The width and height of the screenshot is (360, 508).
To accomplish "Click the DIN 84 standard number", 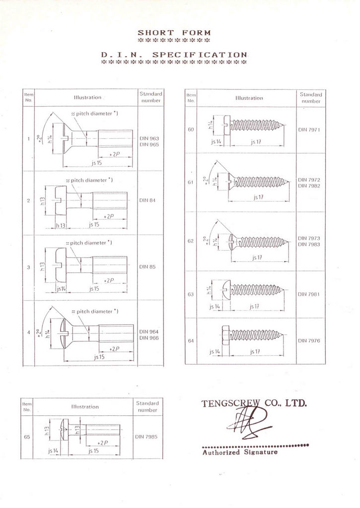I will tap(147, 200).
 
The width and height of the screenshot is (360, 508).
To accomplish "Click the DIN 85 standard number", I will tap(147, 267).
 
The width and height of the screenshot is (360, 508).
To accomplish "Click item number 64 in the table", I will tap(191, 341).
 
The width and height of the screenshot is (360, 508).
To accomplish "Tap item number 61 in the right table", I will tap(191, 182).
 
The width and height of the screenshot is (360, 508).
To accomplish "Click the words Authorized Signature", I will tap(240, 452).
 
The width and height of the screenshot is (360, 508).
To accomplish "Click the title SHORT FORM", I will tap(174, 33).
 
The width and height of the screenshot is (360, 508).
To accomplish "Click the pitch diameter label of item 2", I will tap(89, 180).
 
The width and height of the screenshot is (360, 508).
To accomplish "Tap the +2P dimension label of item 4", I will tap(114, 349).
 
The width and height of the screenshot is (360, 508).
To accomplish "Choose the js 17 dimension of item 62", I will tap(256, 257).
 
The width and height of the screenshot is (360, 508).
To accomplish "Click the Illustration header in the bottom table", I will tap(85, 407).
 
